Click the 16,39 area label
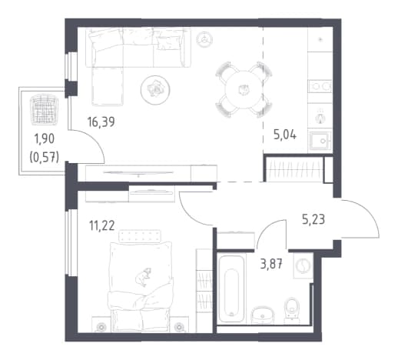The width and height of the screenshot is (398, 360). tap(101, 122)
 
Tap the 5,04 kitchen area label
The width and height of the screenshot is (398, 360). tap(285, 135)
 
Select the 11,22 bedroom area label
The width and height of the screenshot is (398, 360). tap(101, 226)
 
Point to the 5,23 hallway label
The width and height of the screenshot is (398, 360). tap(313, 220)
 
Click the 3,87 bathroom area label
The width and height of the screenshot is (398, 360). tap(272, 264)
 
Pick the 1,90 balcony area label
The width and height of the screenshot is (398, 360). tap(45, 139)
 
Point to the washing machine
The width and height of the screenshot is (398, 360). tap(303, 265)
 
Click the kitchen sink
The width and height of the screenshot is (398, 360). tap(320, 141)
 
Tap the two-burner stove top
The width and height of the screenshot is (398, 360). tap(320, 86)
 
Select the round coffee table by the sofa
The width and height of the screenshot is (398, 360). tap(155, 90)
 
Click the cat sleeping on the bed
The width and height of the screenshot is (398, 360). tap(144, 277)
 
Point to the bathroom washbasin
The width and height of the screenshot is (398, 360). tap(262, 315)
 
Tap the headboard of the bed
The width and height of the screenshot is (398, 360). tap(140, 236)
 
